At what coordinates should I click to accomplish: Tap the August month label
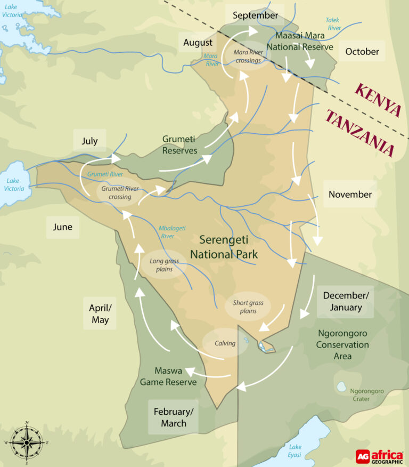tap(198, 42)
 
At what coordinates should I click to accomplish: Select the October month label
tap(362, 52)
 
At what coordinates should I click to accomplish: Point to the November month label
tap(350, 194)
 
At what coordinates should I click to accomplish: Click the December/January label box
tap(342, 301)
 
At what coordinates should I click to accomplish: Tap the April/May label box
tap(100, 313)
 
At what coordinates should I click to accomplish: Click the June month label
tap(62, 227)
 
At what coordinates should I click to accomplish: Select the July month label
tap(89, 141)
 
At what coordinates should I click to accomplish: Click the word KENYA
tap(378, 100)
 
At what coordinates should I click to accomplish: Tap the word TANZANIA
tap(360, 133)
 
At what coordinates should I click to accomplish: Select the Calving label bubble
tap(225, 343)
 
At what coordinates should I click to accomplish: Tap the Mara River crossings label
tap(248, 56)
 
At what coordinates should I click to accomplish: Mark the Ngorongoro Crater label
tap(367, 394)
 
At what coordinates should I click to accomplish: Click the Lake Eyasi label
tap(295, 450)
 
